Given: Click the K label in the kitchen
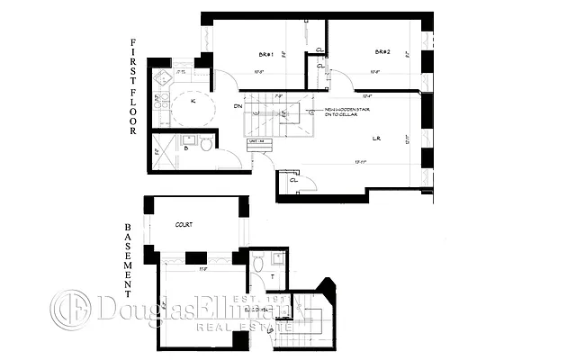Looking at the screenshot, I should [193, 101].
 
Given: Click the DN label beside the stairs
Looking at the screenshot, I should [238, 107].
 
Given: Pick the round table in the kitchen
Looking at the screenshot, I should [192, 110].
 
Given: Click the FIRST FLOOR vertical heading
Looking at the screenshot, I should [132, 86].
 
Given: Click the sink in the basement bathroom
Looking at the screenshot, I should [278, 258].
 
